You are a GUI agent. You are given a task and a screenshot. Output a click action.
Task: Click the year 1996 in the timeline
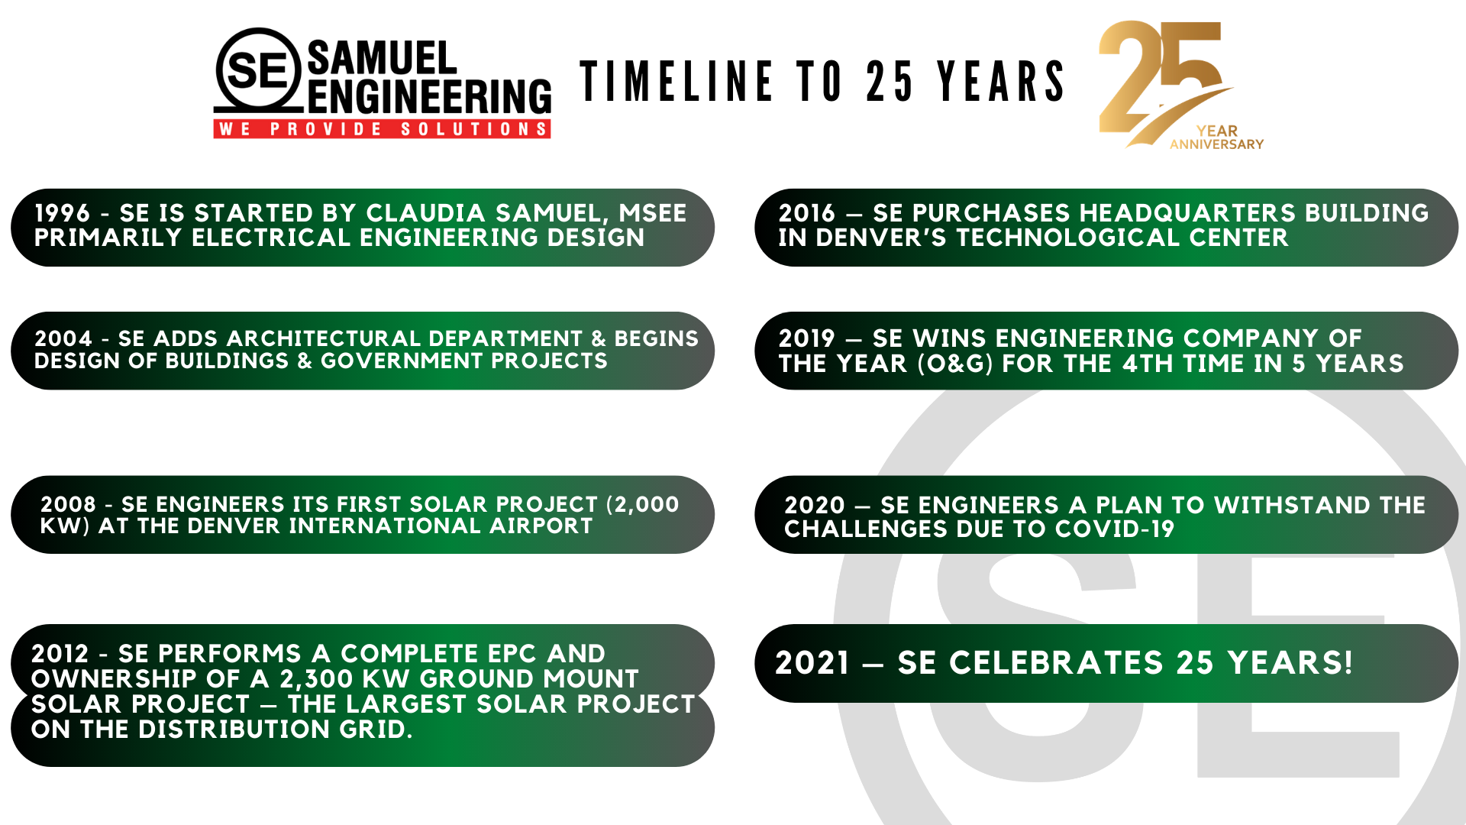click(x=63, y=213)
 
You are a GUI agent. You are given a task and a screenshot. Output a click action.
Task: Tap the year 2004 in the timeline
click(x=63, y=338)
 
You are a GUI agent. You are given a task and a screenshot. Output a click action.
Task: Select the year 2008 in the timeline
click(x=68, y=504)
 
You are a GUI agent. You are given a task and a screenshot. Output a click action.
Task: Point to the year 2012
click(x=60, y=654)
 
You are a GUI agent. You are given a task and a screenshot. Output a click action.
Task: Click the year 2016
click(x=807, y=213)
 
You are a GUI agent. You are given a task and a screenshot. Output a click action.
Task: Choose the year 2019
click(x=807, y=338)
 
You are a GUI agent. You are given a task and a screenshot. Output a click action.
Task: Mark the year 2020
click(x=815, y=505)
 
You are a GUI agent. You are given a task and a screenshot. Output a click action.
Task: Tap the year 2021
click(x=812, y=663)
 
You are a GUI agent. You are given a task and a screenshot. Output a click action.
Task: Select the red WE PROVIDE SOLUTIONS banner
click(x=382, y=129)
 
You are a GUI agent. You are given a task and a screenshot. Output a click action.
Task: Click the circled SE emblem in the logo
click(x=259, y=70)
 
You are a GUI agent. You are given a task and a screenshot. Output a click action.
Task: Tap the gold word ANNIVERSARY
click(x=1216, y=144)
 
